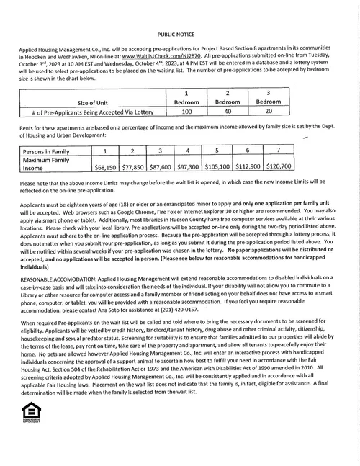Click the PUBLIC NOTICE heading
pyautogui.click(x=178, y=34)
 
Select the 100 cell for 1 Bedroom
pyautogui.click(x=187, y=112)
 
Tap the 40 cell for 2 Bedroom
pyautogui.click(x=228, y=112)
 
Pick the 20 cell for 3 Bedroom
pyautogui.click(x=268, y=112)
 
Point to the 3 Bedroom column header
pyautogui.click(x=268, y=98)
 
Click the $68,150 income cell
pyautogui.click(x=106, y=166)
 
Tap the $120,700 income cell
pyautogui.click(x=279, y=166)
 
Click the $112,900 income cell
pyautogui.click(x=247, y=166)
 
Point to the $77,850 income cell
pyautogui.click(x=133, y=166)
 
